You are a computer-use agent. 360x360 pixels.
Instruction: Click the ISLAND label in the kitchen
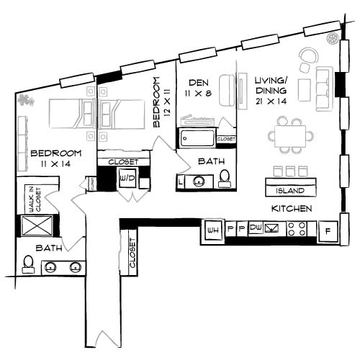(294, 191)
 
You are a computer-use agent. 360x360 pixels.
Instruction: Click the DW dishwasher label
(255, 229)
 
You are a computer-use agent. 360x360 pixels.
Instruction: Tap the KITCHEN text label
(291, 208)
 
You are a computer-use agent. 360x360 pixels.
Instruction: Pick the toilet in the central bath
(225, 176)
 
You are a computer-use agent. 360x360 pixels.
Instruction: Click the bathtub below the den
(198, 138)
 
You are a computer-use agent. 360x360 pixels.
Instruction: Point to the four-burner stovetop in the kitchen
(296, 229)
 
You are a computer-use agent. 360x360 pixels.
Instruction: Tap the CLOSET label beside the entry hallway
(132, 254)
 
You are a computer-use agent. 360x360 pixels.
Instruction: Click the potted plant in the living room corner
(332, 38)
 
